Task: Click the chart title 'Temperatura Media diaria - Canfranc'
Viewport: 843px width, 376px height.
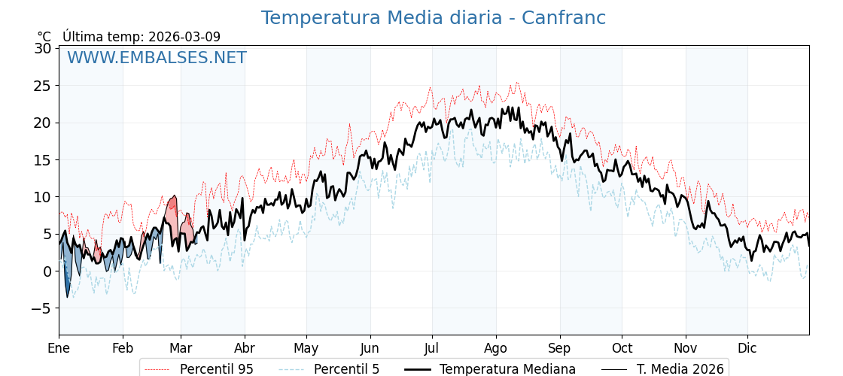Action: tap(433, 18)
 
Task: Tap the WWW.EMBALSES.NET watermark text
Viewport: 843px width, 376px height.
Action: tap(157, 58)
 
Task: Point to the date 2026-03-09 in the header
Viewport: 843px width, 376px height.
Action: tap(184, 37)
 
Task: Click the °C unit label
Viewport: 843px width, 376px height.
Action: tap(44, 37)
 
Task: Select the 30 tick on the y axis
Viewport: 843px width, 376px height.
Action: tap(44, 48)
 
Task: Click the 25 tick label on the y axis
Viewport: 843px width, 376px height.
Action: tap(44, 86)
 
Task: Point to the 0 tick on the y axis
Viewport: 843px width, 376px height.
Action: tap(47, 271)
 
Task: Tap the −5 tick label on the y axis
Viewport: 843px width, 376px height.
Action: tap(42, 308)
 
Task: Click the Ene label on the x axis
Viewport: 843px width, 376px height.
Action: tap(59, 348)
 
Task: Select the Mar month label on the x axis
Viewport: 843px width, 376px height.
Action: tap(181, 348)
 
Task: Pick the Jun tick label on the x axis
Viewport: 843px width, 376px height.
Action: tap(370, 348)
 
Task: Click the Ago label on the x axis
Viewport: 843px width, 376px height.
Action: tap(496, 348)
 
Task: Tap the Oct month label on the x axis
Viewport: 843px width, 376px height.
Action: tap(622, 348)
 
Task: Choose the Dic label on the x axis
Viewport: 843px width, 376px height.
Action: tap(747, 348)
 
